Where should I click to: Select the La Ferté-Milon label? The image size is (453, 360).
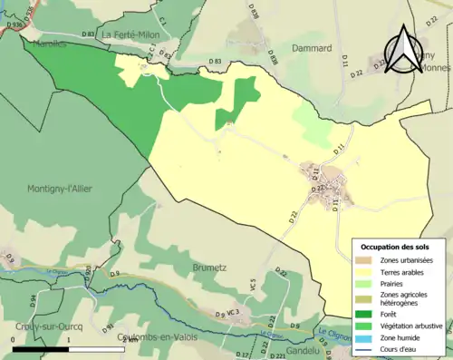coord(131,34)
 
